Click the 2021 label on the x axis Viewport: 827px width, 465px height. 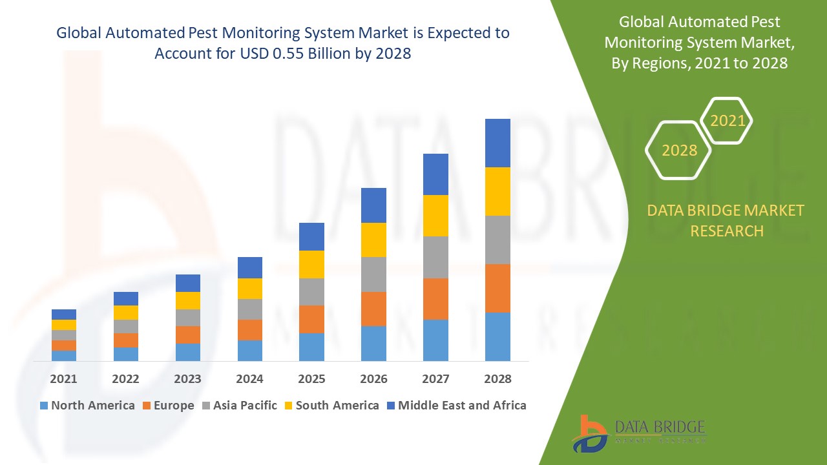[63, 378]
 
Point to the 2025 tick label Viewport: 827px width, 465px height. [311, 378]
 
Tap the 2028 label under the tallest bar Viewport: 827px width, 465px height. [497, 378]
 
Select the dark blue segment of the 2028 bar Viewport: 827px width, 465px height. [497, 143]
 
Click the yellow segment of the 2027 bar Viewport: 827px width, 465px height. [435, 215]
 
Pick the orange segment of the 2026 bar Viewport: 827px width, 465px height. [373, 309]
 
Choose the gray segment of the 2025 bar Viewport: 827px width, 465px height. [311, 291]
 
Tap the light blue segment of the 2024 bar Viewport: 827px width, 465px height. [249, 350]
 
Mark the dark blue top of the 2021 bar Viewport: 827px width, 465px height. [64, 314]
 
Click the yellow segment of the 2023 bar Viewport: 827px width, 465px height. [188, 300]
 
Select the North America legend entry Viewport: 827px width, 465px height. [87, 406]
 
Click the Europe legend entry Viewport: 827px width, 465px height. [167, 406]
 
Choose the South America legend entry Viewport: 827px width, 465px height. [331, 406]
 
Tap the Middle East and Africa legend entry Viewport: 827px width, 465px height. [455, 406]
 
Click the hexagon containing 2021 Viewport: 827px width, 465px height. [727, 121]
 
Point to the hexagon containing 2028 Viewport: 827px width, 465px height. [678, 150]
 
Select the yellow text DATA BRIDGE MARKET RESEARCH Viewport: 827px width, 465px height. [726, 220]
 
